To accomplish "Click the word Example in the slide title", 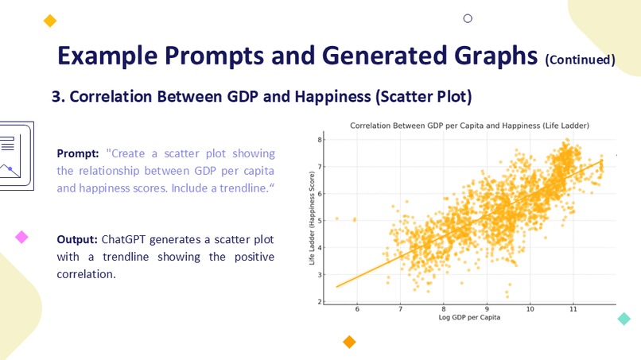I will [107, 56].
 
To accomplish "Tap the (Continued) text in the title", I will [580, 60].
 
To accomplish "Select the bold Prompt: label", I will [78, 153].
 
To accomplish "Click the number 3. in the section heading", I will [58, 97].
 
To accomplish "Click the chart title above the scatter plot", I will [469, 126].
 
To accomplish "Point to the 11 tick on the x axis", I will [573, 309].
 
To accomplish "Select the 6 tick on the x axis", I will [357, 309].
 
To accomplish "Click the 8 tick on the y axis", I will [320, 140].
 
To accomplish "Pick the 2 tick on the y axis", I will [320, 302].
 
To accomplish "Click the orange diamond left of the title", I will [50, 21].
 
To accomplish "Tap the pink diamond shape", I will [21, 237].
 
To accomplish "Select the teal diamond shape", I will [624, 319].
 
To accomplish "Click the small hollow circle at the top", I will [468, 18].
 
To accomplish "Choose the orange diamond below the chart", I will [348, 342].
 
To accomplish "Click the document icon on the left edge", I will [14, 155].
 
